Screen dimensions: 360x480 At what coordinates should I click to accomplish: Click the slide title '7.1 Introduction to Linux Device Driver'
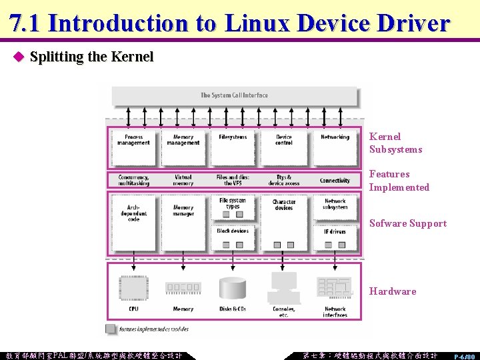coord(230,23)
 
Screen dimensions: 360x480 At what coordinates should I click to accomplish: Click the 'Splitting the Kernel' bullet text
coord(91,57)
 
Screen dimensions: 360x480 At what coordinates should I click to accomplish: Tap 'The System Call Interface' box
coord(234,95)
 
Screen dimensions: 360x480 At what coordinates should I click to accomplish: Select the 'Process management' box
coord(133,145)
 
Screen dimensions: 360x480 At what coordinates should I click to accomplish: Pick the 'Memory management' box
coord(183,145)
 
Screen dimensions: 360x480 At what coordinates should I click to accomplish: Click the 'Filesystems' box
coord(233,145)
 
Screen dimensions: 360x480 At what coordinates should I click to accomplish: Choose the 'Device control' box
coord(284,145)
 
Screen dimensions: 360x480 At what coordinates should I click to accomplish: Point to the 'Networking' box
coord(335,145)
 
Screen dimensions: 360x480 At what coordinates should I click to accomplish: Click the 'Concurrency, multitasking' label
coord(133,180)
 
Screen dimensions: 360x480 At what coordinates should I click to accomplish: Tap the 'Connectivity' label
coord(335,180)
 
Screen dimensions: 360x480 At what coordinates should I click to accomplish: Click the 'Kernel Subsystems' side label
coord(395,143)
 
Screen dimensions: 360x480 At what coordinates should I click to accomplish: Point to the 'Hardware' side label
coord(393,291)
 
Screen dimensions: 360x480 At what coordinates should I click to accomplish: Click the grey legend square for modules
coord(110,329)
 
